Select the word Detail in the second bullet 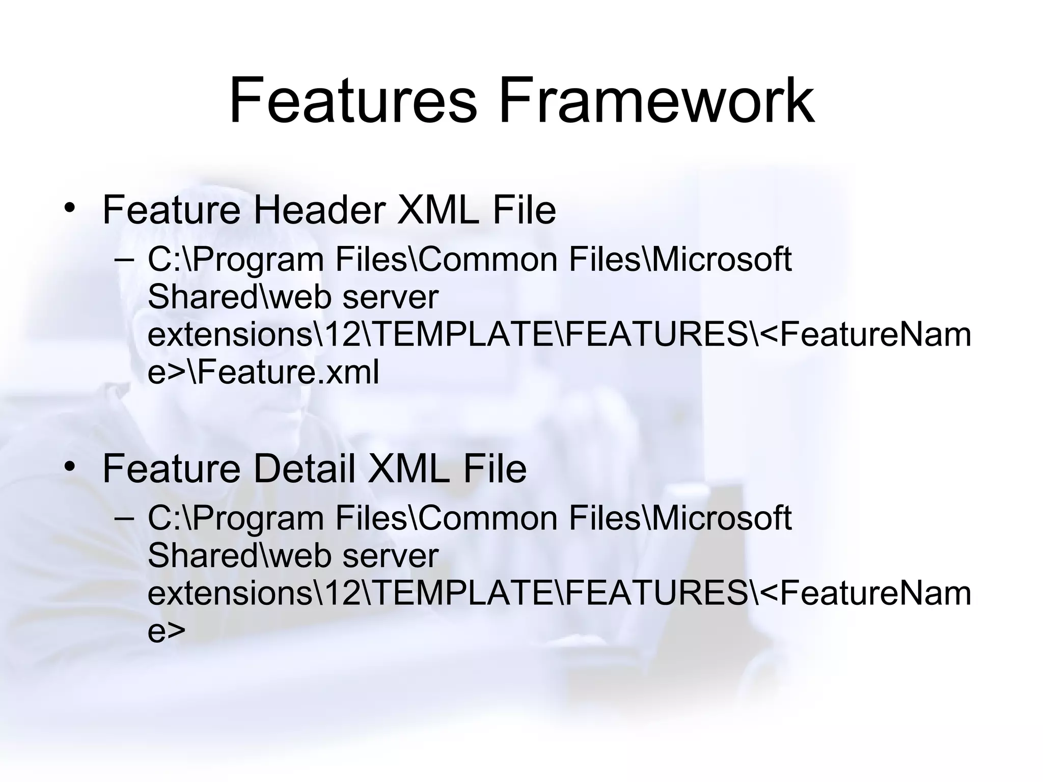click(x=304, y=468)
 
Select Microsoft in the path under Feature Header click(x=722, y=259)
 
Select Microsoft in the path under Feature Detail click(x=722, y=518)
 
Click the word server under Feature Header click(x=390, y=297)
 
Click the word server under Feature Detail click(x=390, y=556)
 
